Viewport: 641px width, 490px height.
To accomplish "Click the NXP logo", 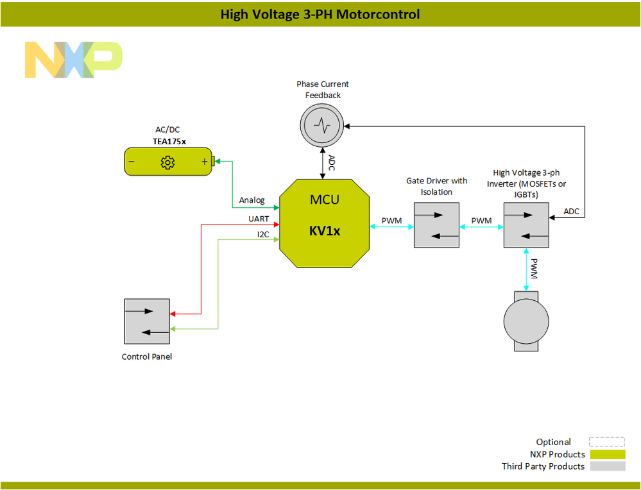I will [73, 60].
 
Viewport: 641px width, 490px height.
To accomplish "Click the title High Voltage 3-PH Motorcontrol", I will [320, 14].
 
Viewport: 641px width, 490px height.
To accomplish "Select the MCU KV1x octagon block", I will [325, 223].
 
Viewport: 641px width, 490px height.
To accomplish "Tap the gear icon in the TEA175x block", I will [167, 162].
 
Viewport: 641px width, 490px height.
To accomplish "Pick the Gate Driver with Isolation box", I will [436, 225].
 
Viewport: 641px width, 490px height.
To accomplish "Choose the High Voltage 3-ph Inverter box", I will [526, 225].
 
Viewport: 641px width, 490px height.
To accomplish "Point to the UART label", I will [259, 219].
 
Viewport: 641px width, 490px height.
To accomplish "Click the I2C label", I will [263, 235].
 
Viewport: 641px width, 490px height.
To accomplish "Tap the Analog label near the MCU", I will [252, 200].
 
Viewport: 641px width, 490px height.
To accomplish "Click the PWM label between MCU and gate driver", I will [391, 221].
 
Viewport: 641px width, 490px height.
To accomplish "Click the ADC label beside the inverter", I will [571, 211].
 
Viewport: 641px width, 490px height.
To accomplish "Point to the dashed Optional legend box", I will [607, 442].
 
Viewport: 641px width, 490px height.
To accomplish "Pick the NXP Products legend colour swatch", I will [607, 454].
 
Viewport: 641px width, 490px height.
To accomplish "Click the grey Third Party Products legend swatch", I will [607, 466].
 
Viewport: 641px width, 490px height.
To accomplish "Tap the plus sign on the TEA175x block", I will [205, 162].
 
